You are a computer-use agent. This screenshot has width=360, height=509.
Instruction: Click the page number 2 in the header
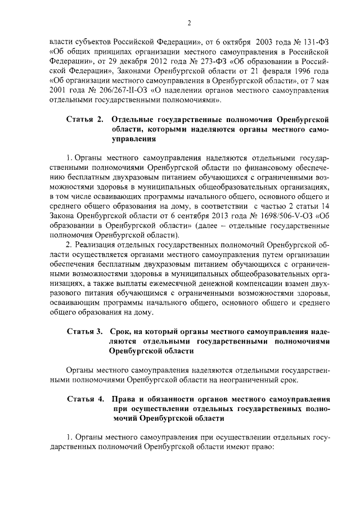(190, 23)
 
